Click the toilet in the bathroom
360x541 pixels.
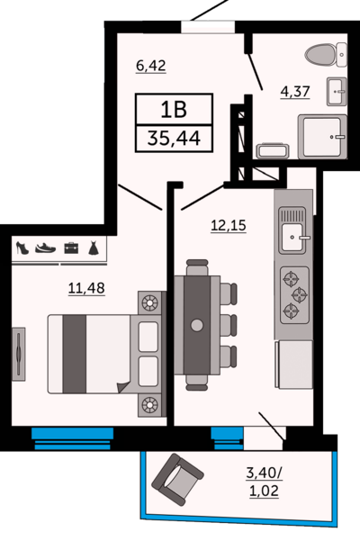pyautogui.click(x=326, y=55)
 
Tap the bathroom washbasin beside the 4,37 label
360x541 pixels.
pyautogui.click(x=337, y=91)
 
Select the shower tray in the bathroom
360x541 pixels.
pyautogui.click(x=322, y=137)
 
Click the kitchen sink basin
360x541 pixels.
pyautogui.click(x=292, y=237)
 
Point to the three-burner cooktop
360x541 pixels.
pyautogui.click(x=294, y=295)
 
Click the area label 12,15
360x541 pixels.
pyautogui.click(x=229, y=226)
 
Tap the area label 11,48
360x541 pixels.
pyautogui.click(x=86, y=288)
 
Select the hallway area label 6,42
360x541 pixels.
pyautogui.click(x=151, y=66)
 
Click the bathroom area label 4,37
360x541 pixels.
pyautogui.click(x=295, y=92)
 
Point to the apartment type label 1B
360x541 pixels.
pyautogui.click(x=174, y=110)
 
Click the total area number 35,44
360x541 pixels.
pyautogui.click(x=174, y=139)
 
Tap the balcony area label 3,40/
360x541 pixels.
pyautogui.click(x=264, y=473)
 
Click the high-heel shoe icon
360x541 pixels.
pyautogui.click(x=22, y=248)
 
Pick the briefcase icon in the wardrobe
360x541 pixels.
pyautogui.click(x=71, y=248)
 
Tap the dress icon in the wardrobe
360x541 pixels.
pyautogui.click(x=94, y=248)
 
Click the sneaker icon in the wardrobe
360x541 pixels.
pyautogui.click(x=45, y=248)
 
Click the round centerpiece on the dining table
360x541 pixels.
pyautogui.click(x=197, y=325)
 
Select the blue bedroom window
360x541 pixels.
pyautogui.click(x=72, y=438)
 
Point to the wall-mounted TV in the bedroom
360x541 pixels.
pyautogui.click(x=18, y=354)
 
